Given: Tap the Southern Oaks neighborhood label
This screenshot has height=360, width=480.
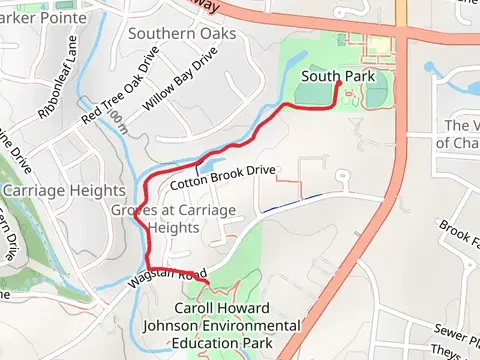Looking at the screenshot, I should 182,34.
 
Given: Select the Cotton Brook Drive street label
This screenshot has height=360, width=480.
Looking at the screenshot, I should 222,178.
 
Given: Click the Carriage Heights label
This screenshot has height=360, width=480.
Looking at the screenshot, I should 64,191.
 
